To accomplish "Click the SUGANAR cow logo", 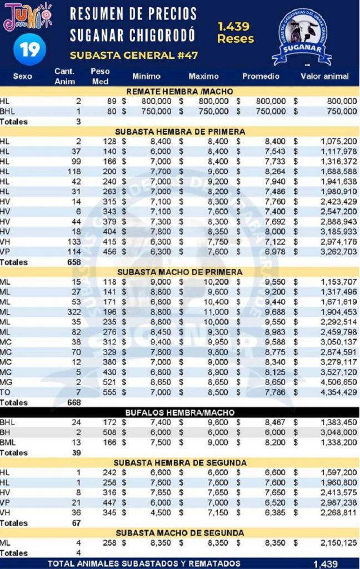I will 302,38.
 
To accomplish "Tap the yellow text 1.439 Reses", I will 235,32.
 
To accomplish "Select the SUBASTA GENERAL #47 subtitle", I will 134,56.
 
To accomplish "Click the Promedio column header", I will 261,77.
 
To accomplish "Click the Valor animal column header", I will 324,77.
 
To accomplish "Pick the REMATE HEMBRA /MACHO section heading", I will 179,91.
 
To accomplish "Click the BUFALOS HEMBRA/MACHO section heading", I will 179,413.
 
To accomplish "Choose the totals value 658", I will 74,262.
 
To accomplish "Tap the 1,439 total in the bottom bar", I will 325,563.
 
